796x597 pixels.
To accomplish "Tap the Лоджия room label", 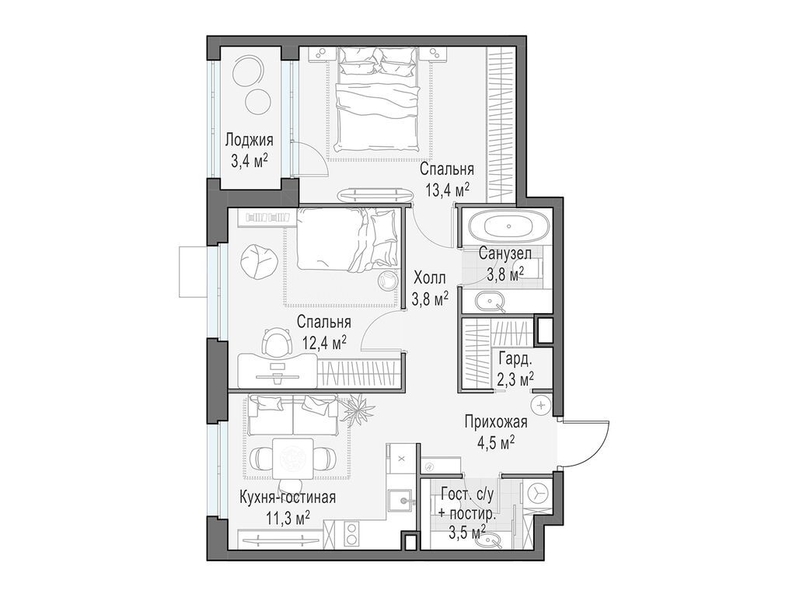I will [x=249, y=141].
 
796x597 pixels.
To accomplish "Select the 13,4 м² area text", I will [x=447, y=189].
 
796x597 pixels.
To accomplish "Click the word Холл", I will [x=430, y=278].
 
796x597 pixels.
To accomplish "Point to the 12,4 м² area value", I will [x=323, y=341].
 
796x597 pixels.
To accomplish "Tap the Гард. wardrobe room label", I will [x=515, y=360].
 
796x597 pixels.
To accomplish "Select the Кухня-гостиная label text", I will [x=287, y=497].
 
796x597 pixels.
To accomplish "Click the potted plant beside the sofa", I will [x=355, y=409].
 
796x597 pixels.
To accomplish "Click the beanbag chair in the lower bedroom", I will [x=253, y=260].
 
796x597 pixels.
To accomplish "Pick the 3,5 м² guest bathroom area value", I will [x=468, y=532].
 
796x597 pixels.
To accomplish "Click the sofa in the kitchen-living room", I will [x=292, y=415].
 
